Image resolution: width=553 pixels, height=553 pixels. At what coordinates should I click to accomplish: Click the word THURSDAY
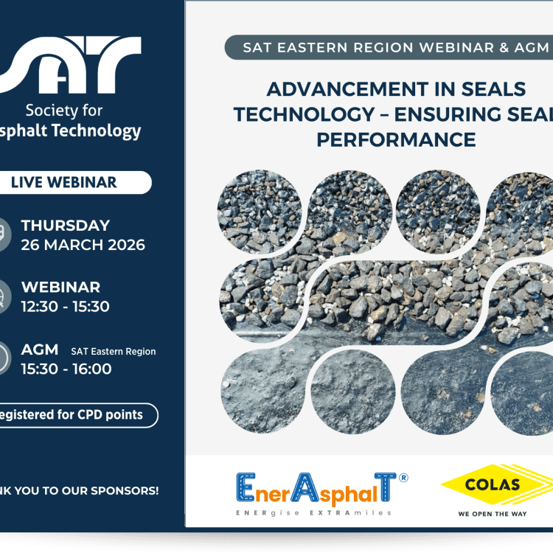pyautogui.click(x=66, y=226)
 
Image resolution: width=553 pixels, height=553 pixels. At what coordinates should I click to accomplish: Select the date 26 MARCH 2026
pyautogui.click(x=83, y=245)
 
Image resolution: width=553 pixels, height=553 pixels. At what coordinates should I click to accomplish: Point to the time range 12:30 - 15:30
pyautogui.click(x=66, y=306)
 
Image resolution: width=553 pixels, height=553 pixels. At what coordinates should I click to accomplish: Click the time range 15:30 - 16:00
pyautogui.click(x=66, y=369)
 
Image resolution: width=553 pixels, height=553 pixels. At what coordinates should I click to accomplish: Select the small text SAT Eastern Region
pyautogui.click(x=114, y=352)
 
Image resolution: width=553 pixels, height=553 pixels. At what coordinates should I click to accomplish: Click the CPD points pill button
pyautogui.click(x=74, y=414)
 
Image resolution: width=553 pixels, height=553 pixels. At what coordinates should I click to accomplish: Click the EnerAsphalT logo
pyautogui.click(x=317, y=488)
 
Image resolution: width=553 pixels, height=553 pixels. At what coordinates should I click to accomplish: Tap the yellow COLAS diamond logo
pyautogui.click(x=492, y=485)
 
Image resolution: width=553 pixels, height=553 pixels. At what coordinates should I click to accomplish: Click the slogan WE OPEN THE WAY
pyautogui.click(x=492, y=513)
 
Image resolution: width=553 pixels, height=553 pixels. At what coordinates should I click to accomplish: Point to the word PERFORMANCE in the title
pyautogui.click(x=397, y=139)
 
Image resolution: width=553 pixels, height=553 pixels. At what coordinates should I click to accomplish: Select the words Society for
pyautogui.click(x=64, y=111)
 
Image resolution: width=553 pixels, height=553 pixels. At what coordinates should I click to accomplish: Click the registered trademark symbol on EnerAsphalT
pyautogui.click(x=403, y=478)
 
